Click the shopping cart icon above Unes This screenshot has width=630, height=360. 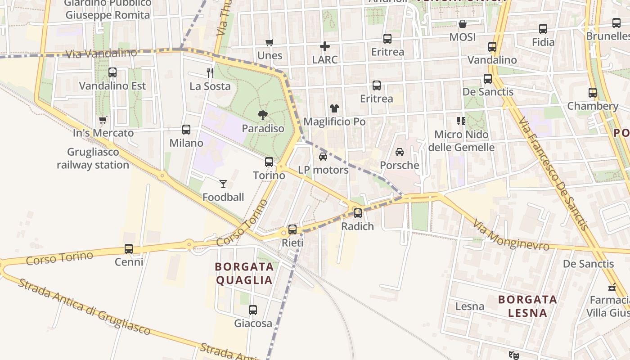click(x=270, y=43)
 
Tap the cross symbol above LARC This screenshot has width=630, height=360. click(x=325, y=46)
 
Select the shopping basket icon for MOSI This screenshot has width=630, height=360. click(x=463, y=24)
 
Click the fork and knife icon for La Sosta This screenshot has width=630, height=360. click(x=210, y=72)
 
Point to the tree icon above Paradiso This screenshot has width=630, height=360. click(x=263, y=115)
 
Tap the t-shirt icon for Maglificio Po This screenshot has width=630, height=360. click(x=334, y=108)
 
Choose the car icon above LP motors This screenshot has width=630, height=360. click(x=323, y=156)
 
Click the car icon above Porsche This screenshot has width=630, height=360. click(x=400, y=152)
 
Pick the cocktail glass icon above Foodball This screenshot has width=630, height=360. click(x=223, y=184)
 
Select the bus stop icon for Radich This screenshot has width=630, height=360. click(x=358, y=213)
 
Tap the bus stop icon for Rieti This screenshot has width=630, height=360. click(x=292, y=229)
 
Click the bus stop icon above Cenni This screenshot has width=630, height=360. click(x=129, y=248)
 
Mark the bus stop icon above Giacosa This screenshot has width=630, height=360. click(x=253, y=310)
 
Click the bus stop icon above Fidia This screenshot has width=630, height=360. click(x=543, y=29)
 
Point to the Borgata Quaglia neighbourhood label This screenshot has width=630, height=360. click(x=244, y=273)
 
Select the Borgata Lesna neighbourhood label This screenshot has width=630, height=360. click(x=527, y=306)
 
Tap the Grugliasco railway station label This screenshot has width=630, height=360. click(x=93, y=158)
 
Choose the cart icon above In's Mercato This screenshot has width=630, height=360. click(x=103, y=120)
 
